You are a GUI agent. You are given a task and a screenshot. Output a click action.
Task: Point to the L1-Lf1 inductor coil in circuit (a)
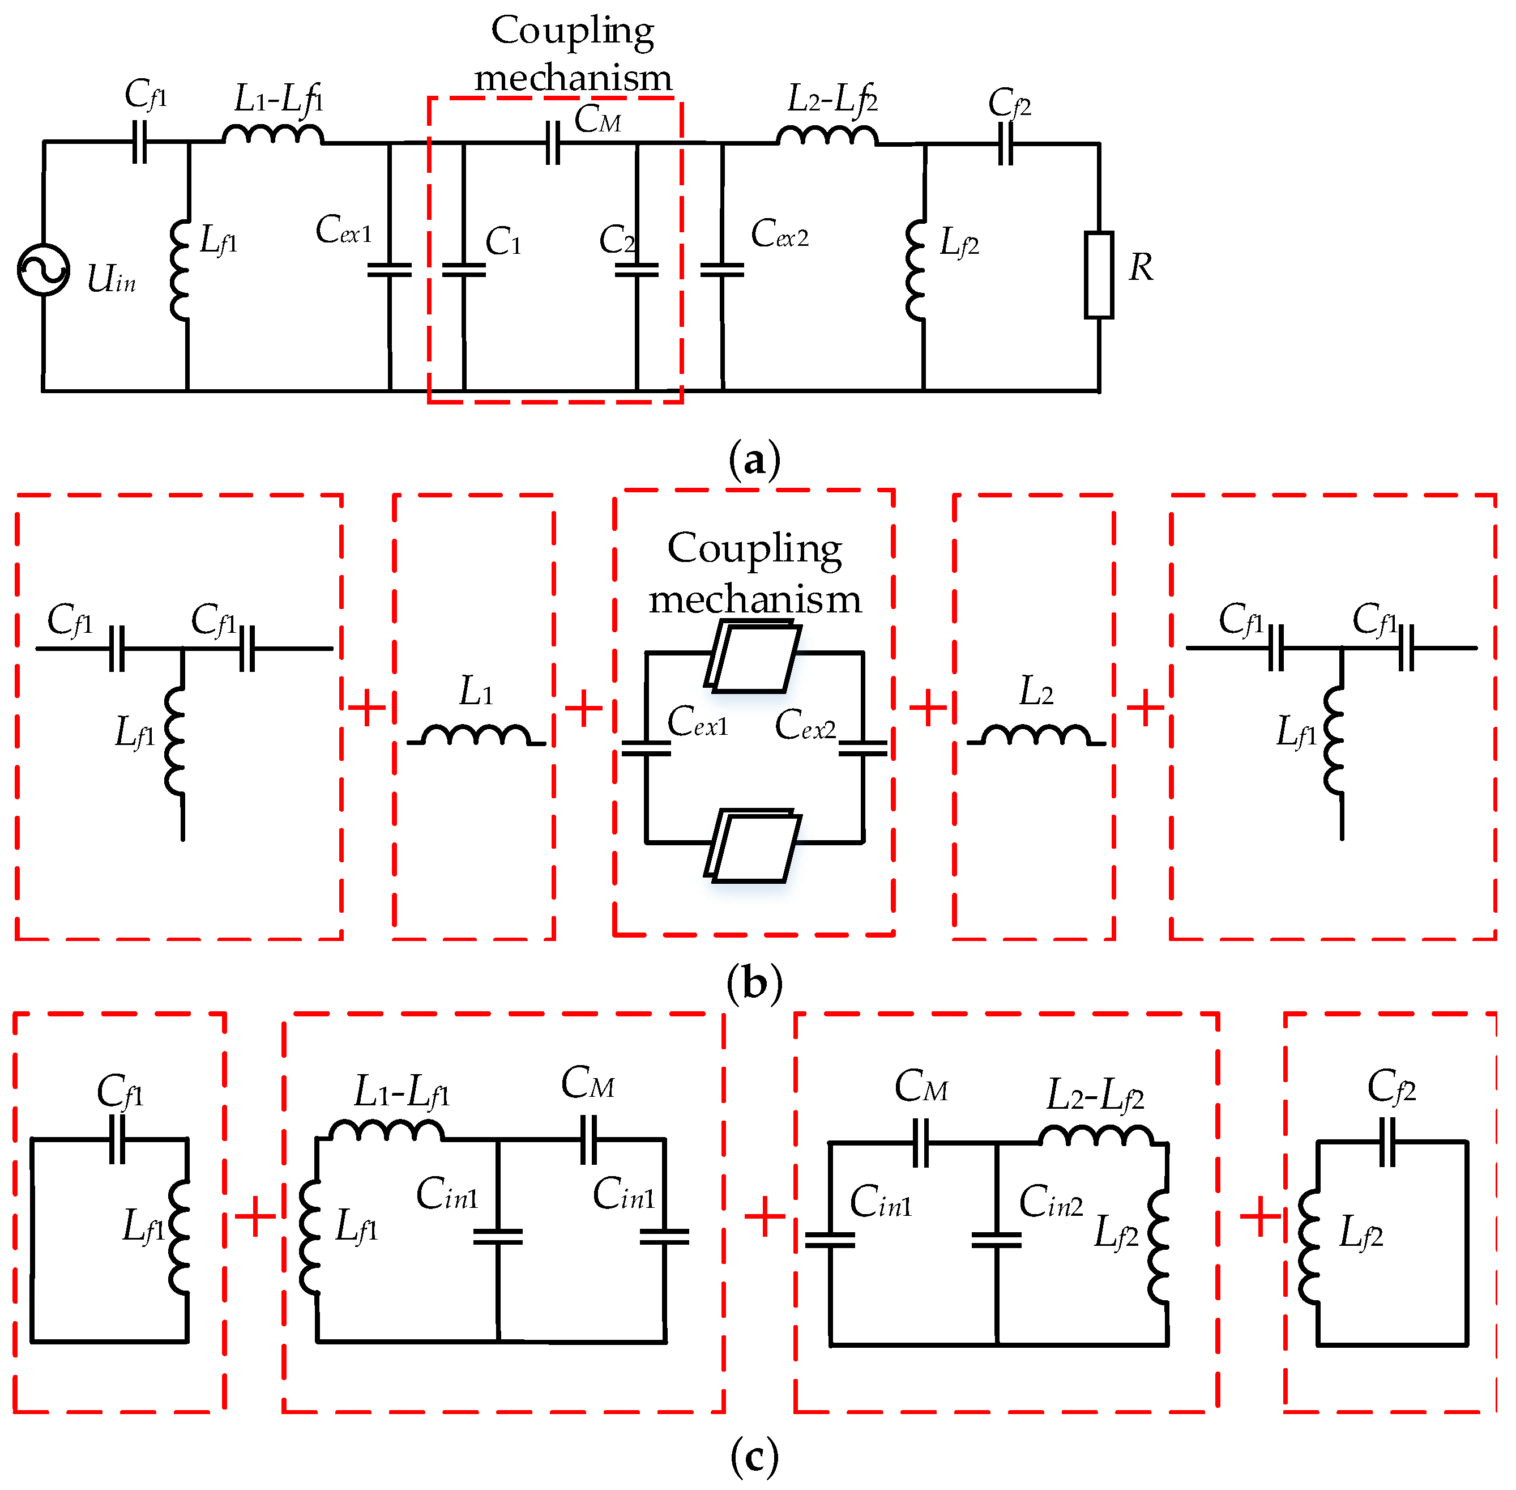pyautogui.click(x=272, y=135)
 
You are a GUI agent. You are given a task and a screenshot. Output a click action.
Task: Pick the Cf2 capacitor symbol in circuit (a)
pyautogui.click(x=1006, y=144)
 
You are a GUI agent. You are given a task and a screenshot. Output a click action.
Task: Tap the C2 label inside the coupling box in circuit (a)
pyautogui.click(x=616, y=240)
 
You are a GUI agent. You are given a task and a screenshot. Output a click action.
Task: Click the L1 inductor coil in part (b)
pyautogui.click(x=476, y=735)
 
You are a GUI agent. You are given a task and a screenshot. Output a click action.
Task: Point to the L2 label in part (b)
pyautogui.click(x=1036, y=692)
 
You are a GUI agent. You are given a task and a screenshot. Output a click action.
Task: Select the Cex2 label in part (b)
pyautogui.click(x=805, y=725)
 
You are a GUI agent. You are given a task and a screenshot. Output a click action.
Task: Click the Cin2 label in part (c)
pyautogui.click(x=1050, y=1201)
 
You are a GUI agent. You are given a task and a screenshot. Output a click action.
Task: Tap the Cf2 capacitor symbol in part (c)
pyautogui.click(x=1387, y=1142)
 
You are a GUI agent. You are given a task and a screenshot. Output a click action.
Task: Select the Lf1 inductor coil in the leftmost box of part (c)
pyautogui.click(x=179, y=1236)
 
